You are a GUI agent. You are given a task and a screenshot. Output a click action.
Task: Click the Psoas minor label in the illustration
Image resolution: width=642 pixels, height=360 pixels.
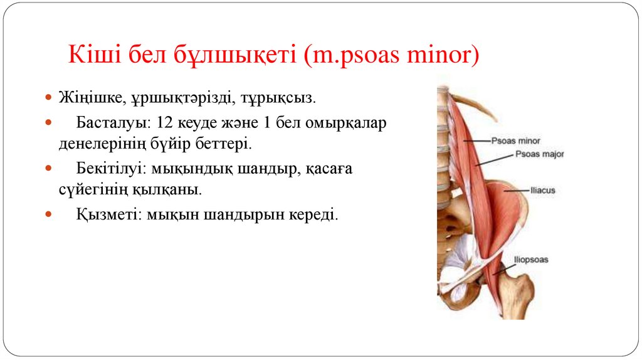[x=515, y=141]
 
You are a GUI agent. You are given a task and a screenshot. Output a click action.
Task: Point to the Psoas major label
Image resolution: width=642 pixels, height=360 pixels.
[x=539, y=154]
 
